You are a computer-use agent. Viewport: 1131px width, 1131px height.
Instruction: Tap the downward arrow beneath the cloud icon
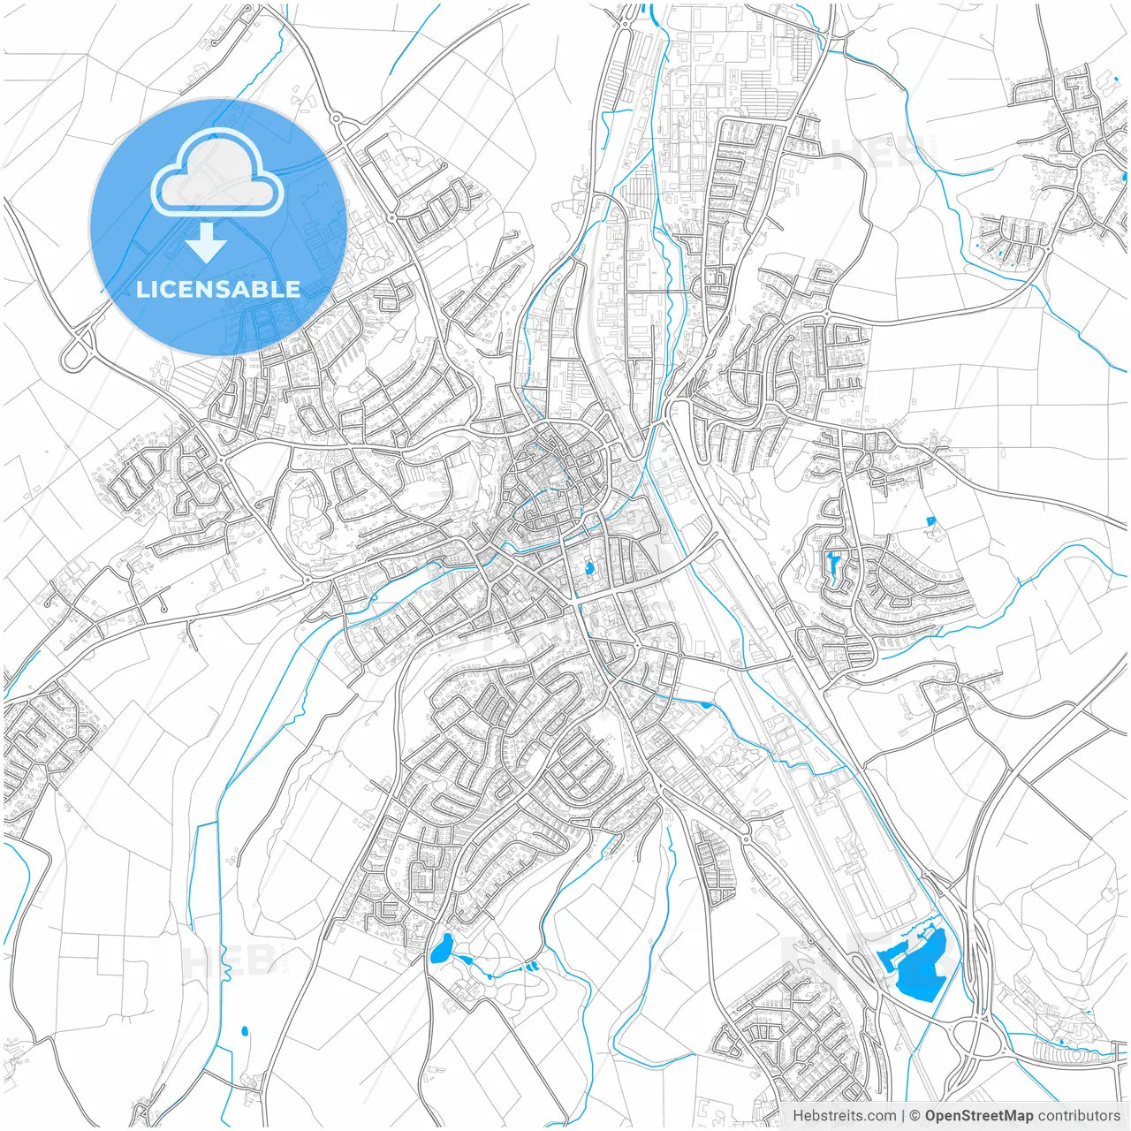207,243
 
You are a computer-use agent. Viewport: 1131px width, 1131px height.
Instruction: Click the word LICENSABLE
218,289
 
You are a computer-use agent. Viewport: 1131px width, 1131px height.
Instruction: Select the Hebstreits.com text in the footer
844,1116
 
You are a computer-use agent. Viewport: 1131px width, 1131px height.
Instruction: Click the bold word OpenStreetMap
978,1116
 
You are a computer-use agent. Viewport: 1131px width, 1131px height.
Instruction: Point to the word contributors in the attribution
1078,1116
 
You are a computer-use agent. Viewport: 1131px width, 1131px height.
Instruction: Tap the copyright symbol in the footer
915,1116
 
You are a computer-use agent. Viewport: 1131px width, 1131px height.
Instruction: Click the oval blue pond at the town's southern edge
440,948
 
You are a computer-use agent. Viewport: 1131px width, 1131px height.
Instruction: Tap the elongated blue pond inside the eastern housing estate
833,563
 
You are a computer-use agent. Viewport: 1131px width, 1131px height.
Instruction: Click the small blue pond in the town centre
588,568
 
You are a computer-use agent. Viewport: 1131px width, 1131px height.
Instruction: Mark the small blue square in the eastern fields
930,521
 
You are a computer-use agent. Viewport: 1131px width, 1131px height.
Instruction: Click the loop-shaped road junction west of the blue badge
78,348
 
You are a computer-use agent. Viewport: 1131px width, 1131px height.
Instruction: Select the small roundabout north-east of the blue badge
336,118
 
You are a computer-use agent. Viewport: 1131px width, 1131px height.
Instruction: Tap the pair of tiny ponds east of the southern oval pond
532,967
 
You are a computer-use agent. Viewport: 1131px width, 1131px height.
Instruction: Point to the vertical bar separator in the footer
903,1116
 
